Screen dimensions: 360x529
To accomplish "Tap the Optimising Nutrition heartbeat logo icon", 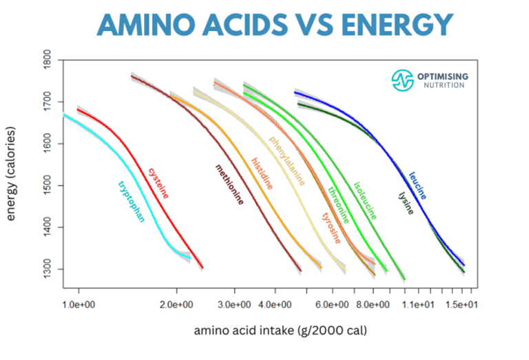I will [402, 80].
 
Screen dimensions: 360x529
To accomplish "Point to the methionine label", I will [229, 184].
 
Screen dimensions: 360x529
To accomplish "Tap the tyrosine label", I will [335, 227].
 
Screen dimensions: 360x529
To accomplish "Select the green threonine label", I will [338, 205].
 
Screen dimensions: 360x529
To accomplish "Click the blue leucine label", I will [417, 186].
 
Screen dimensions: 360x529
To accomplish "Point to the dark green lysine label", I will [406, 202].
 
